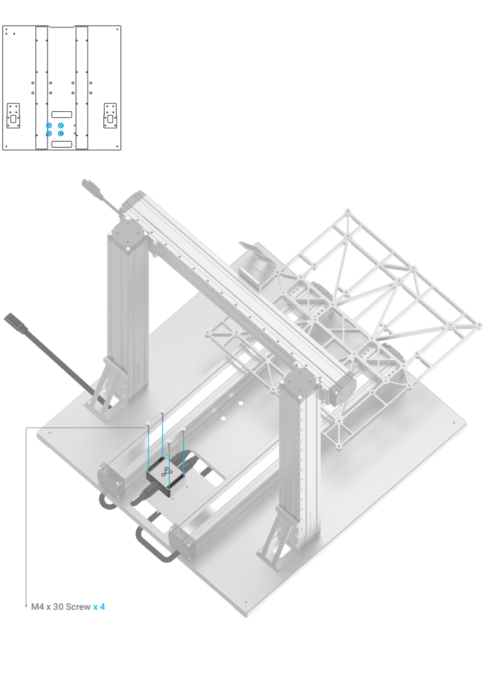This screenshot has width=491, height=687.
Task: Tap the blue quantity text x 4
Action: pos(99,607)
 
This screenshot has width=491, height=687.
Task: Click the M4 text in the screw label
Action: pos(38,607)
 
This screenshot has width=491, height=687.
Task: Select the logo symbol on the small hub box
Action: pos(167,474)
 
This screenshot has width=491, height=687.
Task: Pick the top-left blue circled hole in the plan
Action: pos(49,125)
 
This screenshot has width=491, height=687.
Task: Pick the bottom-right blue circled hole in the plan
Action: pos(61,133)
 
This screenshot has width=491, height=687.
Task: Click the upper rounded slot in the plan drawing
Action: pos(61,114)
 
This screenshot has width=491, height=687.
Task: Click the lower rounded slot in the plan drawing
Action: pos(61,143)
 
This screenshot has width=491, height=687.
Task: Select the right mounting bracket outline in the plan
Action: pos(110,115)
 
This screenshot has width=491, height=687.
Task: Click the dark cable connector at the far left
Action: pos(16,323)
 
